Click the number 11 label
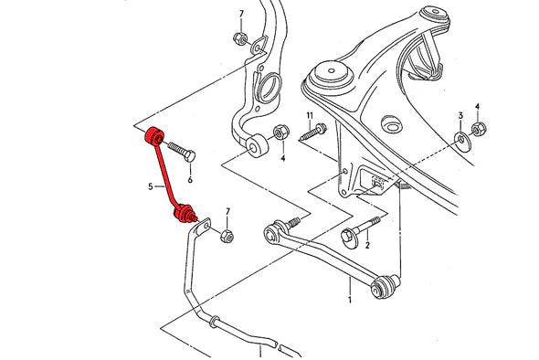310,116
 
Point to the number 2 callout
367,245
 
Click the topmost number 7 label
241,14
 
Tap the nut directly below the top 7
238,39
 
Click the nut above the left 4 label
281,133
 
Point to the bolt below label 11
310,134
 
